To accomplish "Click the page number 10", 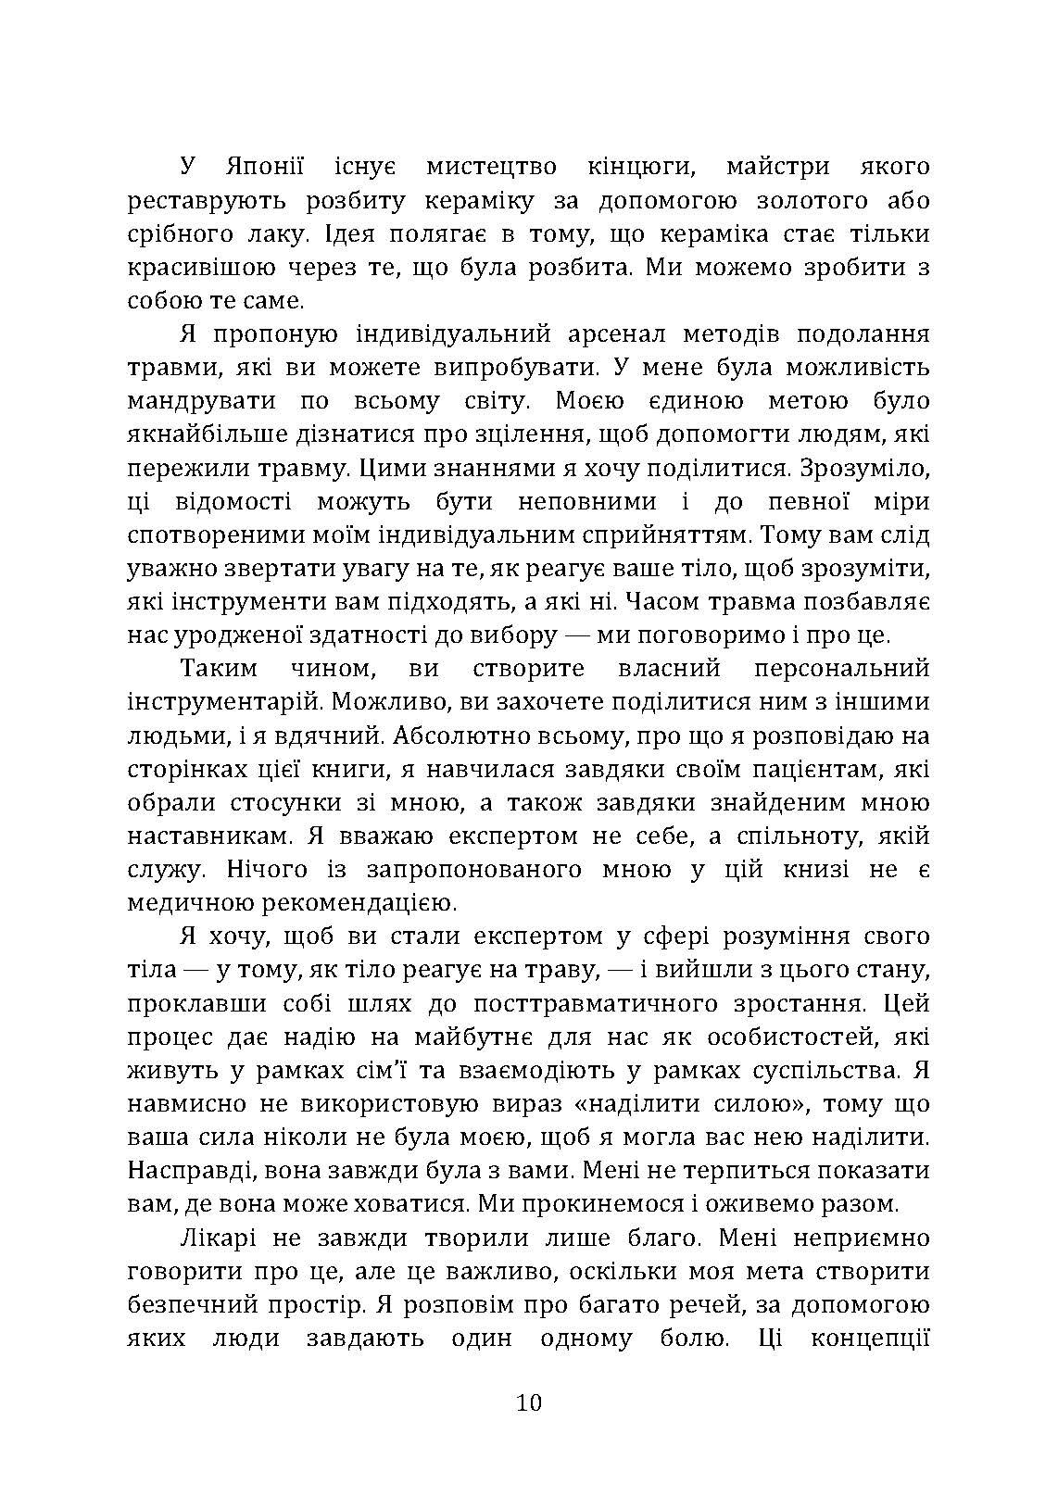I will (529, 1402).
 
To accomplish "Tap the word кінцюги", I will (638, 168).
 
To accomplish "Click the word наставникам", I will (202, 836).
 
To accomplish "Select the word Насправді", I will (188, 1170).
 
